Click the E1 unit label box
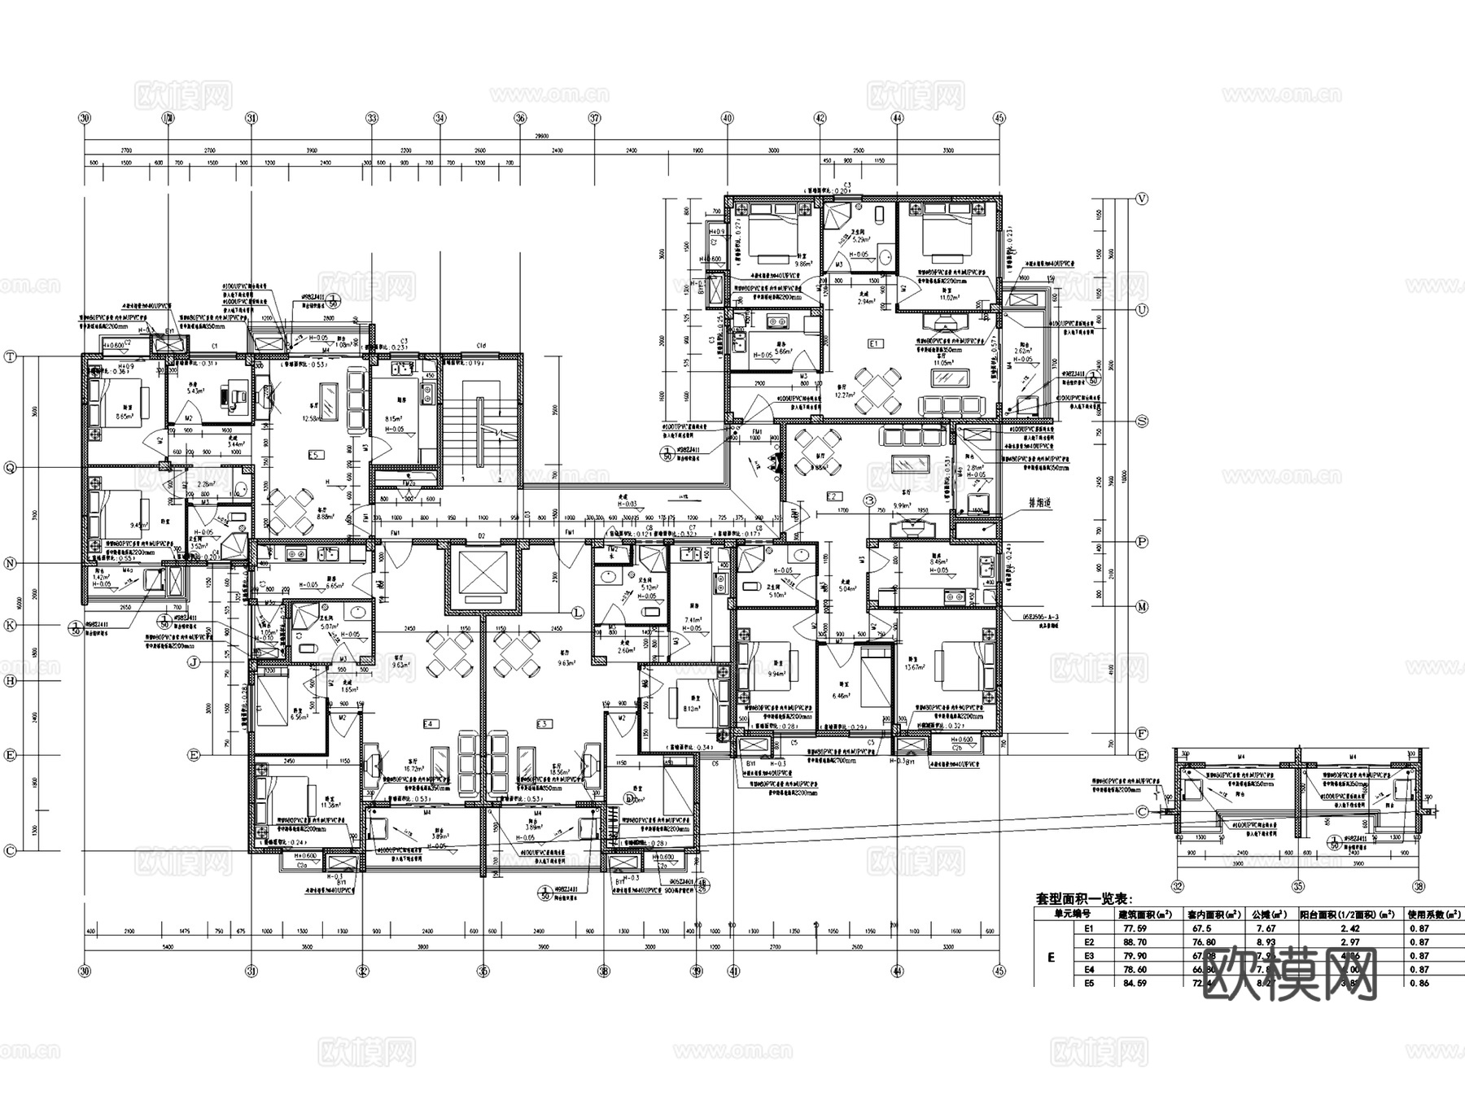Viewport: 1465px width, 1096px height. point(875,344)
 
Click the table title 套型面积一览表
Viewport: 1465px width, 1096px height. point(1082,899)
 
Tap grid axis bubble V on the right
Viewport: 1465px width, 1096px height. point(1142,199)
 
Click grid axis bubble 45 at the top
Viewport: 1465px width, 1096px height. point(999,118)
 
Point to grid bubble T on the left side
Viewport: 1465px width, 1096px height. point(11,356)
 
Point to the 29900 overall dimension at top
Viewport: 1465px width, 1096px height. point(542,137)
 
